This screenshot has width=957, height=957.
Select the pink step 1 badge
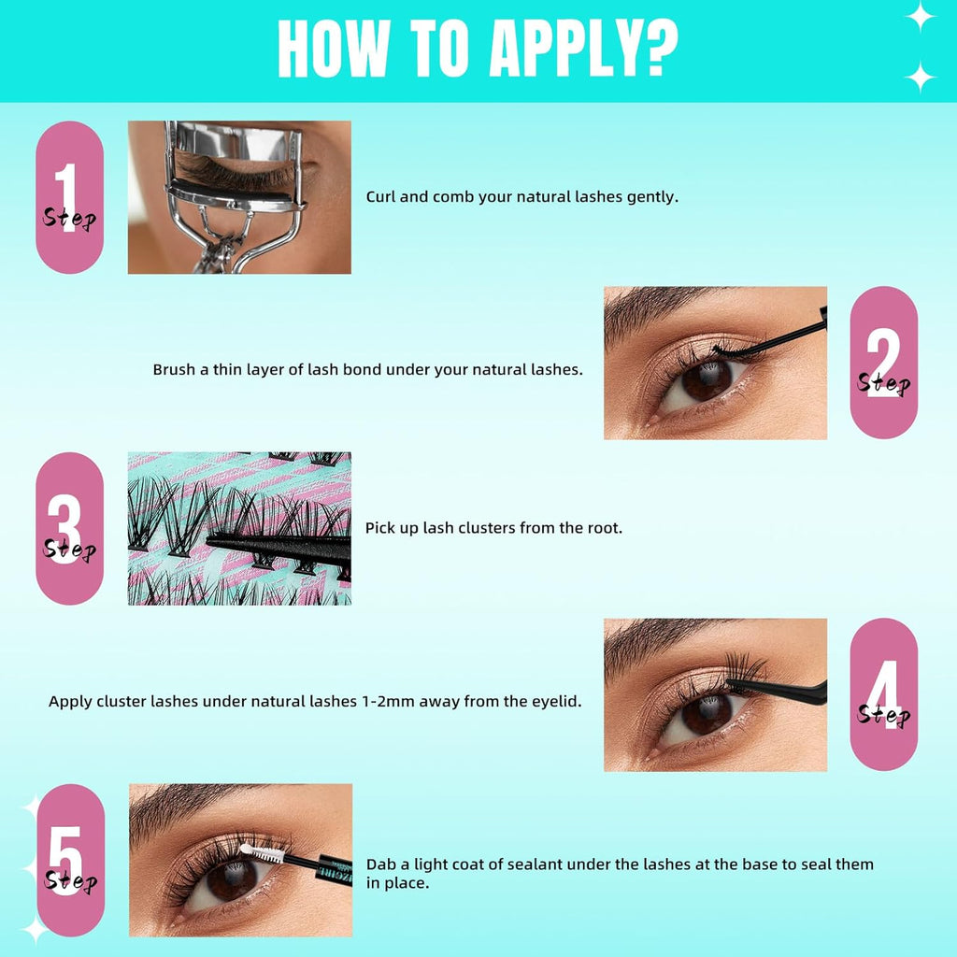(x=69, y=197)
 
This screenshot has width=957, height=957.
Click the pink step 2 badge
(x=883, y=363)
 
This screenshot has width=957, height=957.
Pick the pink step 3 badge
(x=69, y=528)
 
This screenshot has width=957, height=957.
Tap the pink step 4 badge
(x=883, y=694)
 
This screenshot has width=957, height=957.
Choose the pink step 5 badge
(x=69, y=860)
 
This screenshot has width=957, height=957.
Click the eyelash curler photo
(x=239, y=197)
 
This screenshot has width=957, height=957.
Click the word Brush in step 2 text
(x=174, y=369)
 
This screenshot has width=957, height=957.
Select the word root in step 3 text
(x=603, y=528)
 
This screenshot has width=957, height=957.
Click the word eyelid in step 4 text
(x=556, y=700)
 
